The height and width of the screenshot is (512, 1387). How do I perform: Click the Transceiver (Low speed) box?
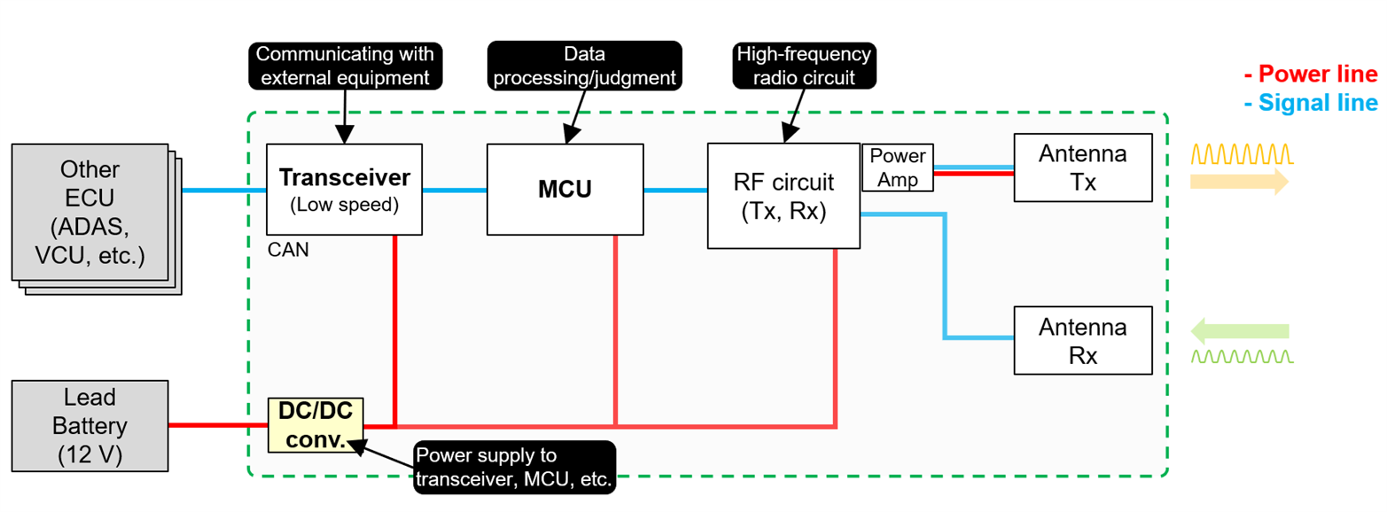pyautogui.click(x=345, y=189)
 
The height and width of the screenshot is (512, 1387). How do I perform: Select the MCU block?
pyautogui.click(x=565, y=189)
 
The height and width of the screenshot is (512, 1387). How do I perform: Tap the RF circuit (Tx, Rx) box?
pyautogui.click(x=783, y=196)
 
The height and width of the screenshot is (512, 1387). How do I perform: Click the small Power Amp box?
pyautogui.click(x=897, y=168)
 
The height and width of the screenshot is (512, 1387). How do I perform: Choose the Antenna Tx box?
pyautogui.click(x=1083, y=167)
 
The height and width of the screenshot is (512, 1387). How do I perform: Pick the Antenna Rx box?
pyautogui.click(x=1083, y=340)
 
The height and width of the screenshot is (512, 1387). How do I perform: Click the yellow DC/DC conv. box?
pyautogui.click(x=316, y=425)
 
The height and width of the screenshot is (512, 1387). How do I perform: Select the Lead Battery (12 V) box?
pyautogui.click(x=90, y=425)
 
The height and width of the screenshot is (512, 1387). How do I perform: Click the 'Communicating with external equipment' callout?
pyautogui.click(x=344, y=66)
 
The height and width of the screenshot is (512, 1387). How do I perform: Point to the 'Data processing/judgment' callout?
pyautogui.click(x=585, y=66)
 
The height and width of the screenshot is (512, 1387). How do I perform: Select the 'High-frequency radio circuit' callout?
pyautogui.click(x=804, y=66)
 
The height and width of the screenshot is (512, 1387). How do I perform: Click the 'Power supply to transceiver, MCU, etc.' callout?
pyautogui.click(x=513, y=468)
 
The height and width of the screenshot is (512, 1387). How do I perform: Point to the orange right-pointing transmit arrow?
pyautogui.click(x=1237, y=182)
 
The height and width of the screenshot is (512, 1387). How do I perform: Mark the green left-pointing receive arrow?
pyautogui.click(x=1238, y=332)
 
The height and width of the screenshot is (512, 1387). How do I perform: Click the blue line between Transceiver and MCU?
pyautogui.click(x=455, y=190)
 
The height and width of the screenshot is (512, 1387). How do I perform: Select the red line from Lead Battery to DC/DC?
pyautogui.click(x=218, y=425)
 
